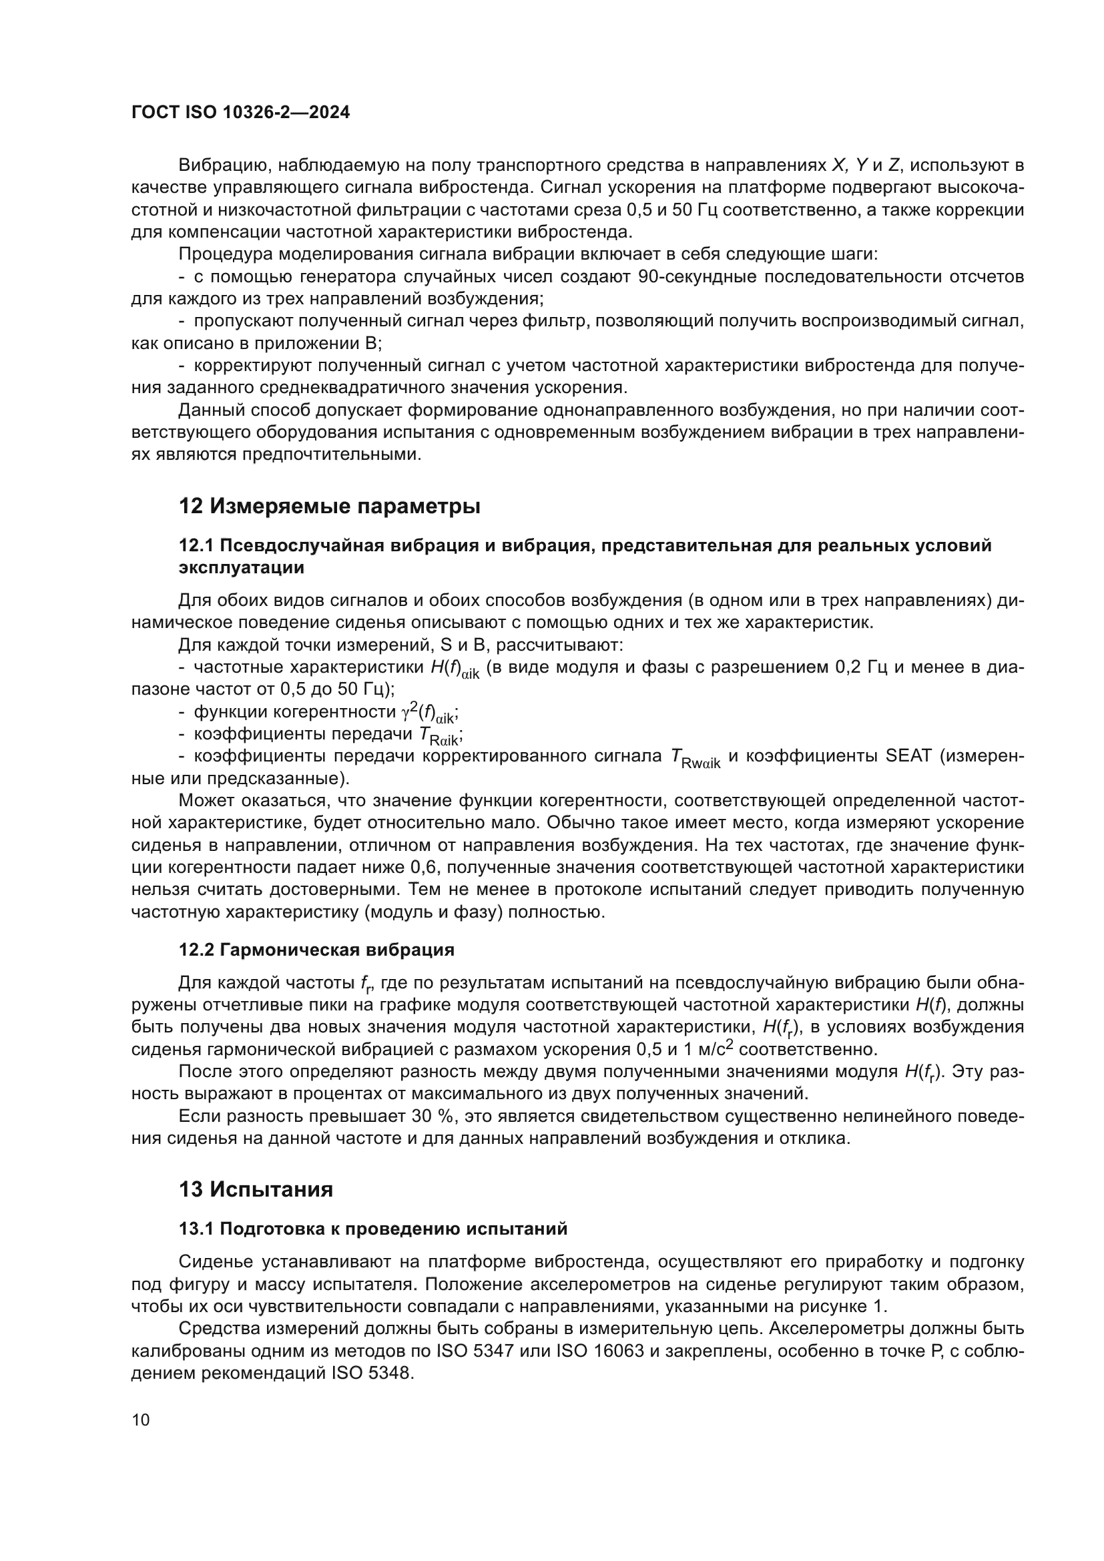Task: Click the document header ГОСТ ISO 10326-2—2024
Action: pyautogui.click(x=241, y=113)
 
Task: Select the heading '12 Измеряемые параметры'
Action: pyautogui.click(x=329, y=507)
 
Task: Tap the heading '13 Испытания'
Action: pyautogui.click(x=256, y=1190)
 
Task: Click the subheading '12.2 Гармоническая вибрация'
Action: pyautogui.click(x=317, y=950)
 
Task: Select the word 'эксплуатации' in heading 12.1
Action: pyautogui.click(x=241, y=567)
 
